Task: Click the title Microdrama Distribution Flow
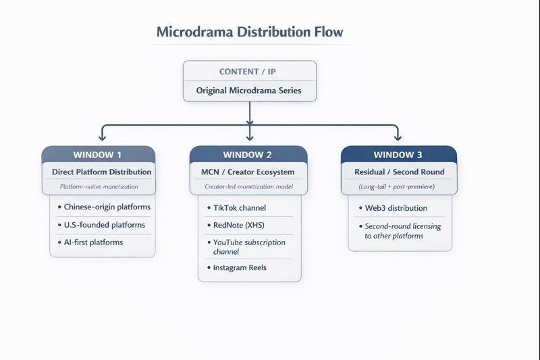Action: coord(250,32)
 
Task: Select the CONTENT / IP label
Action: coord(247,72)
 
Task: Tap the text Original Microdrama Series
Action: coord(248,91)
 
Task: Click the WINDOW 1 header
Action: coord(97,155)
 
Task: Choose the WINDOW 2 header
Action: coord(247,155)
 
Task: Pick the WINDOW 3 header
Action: coord(398,155)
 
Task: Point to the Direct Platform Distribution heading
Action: coord(102,172)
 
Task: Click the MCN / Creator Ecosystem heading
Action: coord(248,172)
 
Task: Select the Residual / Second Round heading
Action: coord(400,172)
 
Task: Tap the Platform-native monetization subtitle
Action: coord(99,186)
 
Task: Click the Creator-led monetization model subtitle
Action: coord(248,186)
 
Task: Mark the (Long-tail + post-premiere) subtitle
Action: coord(396,186)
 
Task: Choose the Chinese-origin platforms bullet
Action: coord(104,207)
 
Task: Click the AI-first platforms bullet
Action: coord(90,242)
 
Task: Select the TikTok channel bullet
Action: coord(237,208)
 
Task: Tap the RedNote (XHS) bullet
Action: coord(236,226)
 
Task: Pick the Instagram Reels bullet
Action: coord(237,267)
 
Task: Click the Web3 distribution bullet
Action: coord(393,208)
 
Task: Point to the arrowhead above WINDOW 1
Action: coord(103,138)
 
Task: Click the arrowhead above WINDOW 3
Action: coord(398,138)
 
